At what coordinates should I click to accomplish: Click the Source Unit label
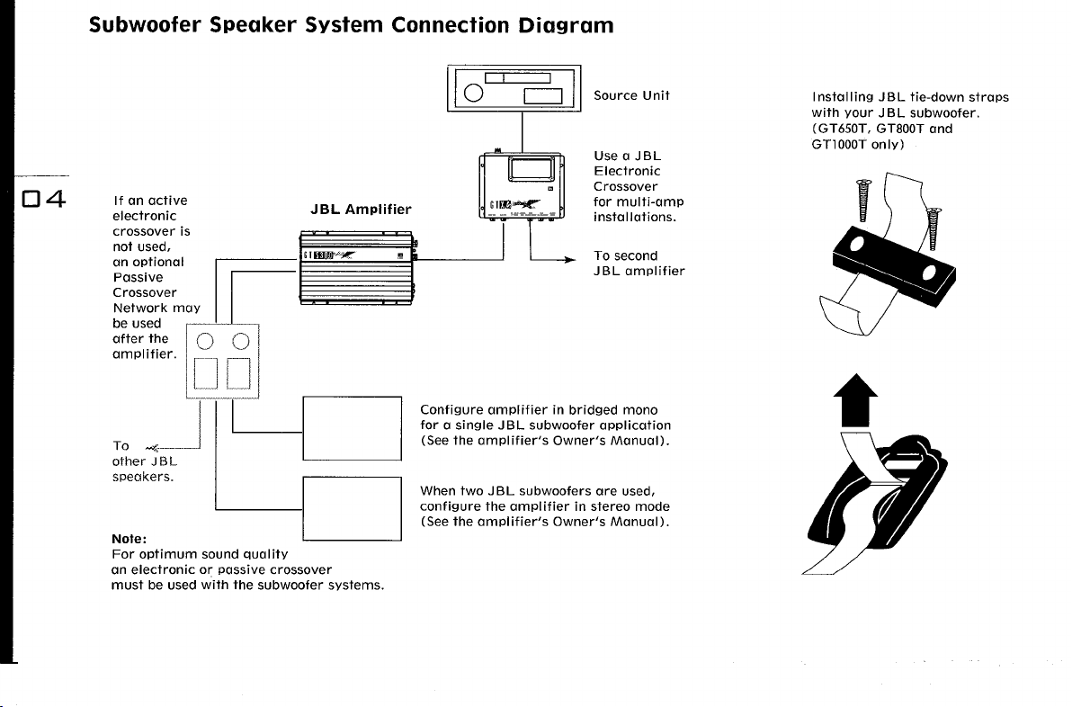coord(631,95)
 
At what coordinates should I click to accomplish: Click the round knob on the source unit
coord(474,93)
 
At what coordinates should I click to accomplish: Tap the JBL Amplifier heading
coord(361,210)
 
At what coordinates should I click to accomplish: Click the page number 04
coord(44,199)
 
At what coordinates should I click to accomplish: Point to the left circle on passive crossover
coord(205,341)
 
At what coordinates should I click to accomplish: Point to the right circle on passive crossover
coord(241,341)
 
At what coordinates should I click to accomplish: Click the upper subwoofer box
coord(353,428)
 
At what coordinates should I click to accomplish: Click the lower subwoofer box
coord(353,509)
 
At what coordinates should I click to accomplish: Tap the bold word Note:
coord(130,539)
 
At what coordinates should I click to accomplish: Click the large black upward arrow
coord(855,400)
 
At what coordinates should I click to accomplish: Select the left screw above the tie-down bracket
coord(864,201)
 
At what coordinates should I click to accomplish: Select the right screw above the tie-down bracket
coord(934,229)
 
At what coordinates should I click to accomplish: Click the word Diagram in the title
coord(566,25)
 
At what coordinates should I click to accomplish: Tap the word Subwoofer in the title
coord(145,25)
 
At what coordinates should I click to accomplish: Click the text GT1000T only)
coord(858,144)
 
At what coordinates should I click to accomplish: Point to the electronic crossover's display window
coord(532,169)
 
